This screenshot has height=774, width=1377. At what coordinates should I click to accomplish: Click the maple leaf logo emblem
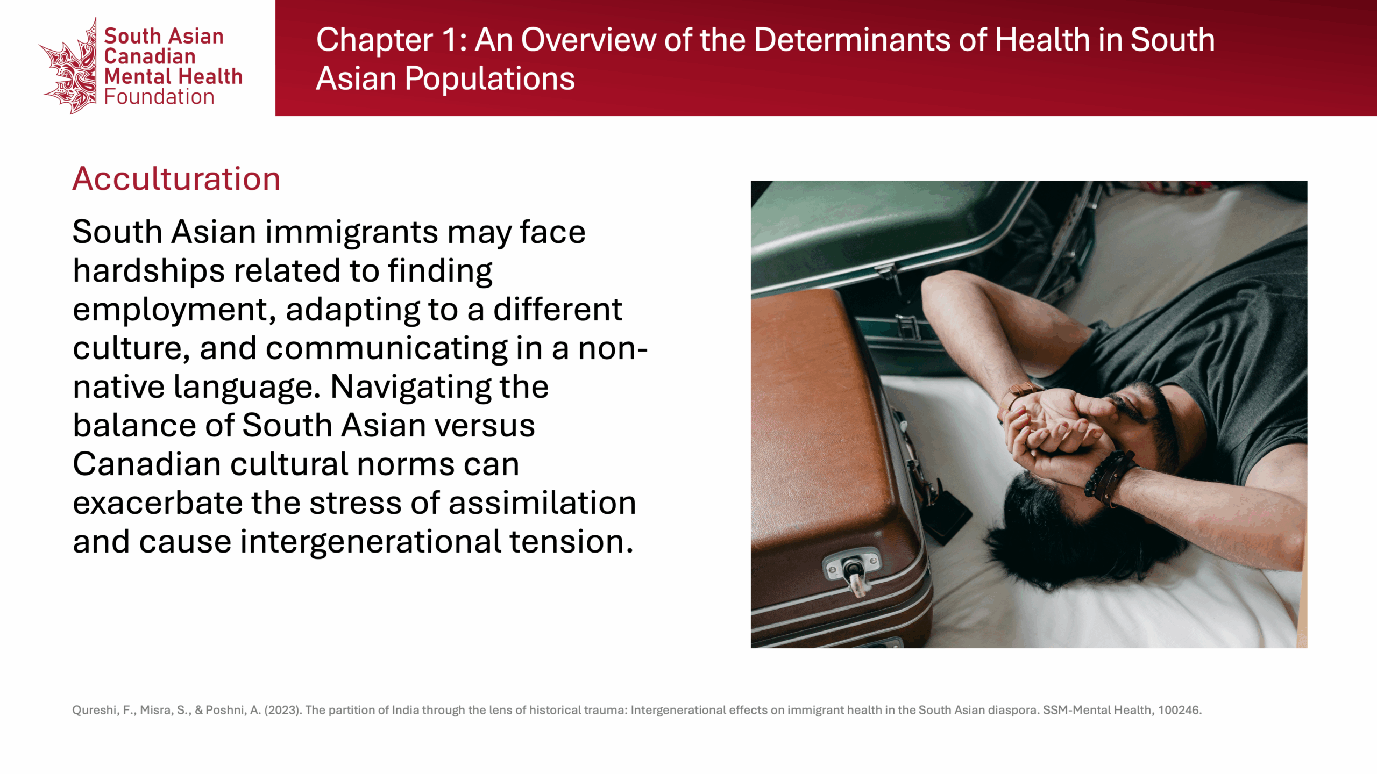(69, 67)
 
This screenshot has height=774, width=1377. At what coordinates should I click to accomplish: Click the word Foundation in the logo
(159, 97)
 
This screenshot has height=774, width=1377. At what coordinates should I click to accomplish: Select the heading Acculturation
(176, 179)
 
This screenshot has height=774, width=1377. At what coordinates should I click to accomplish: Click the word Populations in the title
(489, 79)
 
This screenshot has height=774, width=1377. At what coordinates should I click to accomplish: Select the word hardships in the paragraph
(148, 270)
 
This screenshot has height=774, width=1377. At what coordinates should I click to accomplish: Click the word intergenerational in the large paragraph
(371, 542)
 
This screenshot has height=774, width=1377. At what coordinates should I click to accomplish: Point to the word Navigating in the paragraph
(410, 388)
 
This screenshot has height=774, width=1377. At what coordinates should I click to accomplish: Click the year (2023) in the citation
(282, 710)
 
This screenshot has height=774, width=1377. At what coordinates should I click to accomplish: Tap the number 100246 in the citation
(1180, 710)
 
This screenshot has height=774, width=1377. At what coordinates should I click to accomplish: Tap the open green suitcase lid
(888, 231)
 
